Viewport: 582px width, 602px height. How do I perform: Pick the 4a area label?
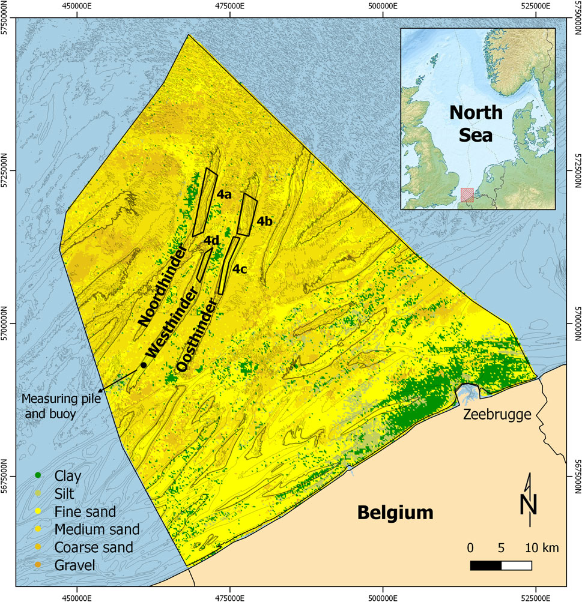[224, 194]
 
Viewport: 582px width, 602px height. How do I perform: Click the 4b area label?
[265, 221]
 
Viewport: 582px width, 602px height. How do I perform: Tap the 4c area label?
[240, 269]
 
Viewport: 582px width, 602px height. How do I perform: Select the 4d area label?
[210, 241]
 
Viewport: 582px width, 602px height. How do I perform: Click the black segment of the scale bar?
[485, 565]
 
